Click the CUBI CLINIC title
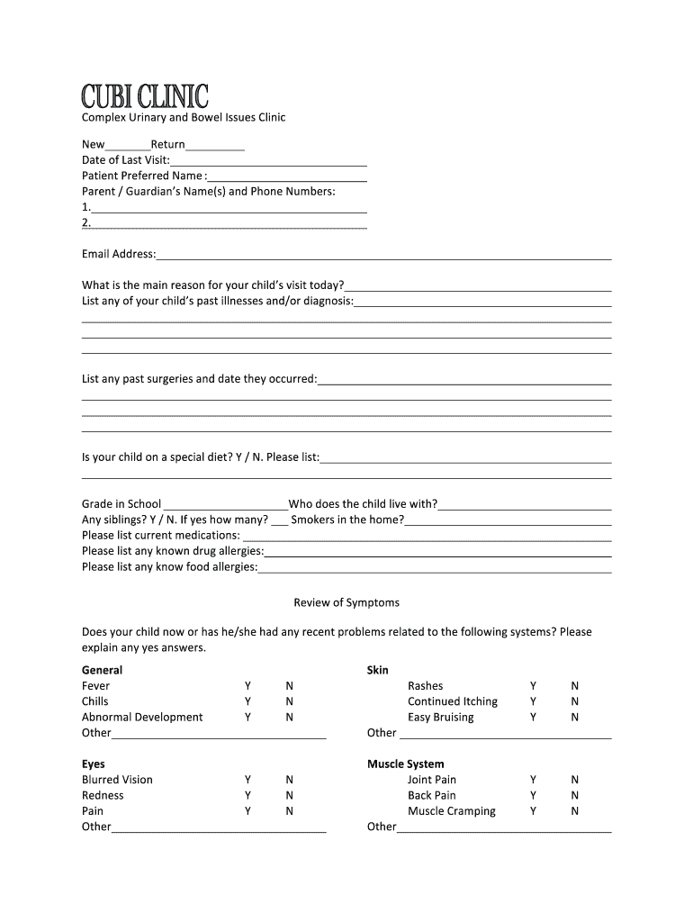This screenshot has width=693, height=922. coord(145,96)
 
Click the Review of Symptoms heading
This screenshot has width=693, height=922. coord(346,602)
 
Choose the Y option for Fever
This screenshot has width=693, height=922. coord(248,686)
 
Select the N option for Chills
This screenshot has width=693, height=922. coord(290,701)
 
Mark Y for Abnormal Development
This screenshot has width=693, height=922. coord(248,718)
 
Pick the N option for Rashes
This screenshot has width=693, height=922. coord(575,686)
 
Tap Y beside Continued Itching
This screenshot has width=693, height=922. coord(534,701)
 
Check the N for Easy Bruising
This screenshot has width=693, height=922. coord(575,718)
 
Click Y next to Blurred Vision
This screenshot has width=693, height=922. coord(248,780)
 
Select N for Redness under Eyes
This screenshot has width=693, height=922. coord(290,796)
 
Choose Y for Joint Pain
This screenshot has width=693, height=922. coord(534,780)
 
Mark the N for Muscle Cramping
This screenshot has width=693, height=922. coord(575,811)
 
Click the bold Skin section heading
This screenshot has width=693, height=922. coord(378,671)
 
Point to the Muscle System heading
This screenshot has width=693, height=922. coord(405,764)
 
